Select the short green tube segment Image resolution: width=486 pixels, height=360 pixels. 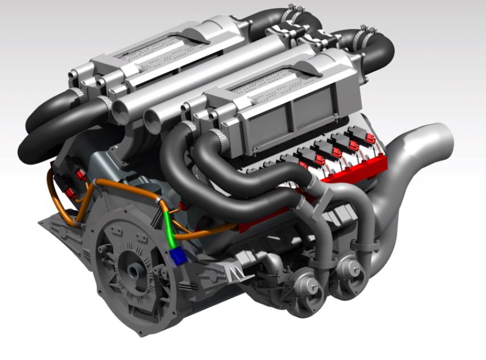pos(169,228)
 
